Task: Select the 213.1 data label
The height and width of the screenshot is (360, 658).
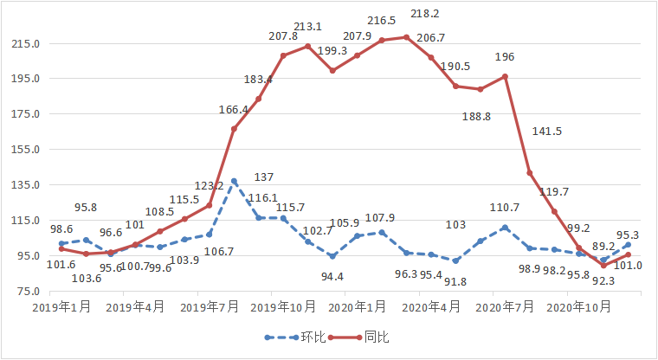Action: coord(307,26)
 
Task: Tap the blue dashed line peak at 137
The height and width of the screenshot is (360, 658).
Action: coord(234,182)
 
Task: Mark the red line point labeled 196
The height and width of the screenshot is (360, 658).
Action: coord(505,76)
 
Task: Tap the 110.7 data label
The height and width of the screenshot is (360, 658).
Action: coord(504,208)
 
